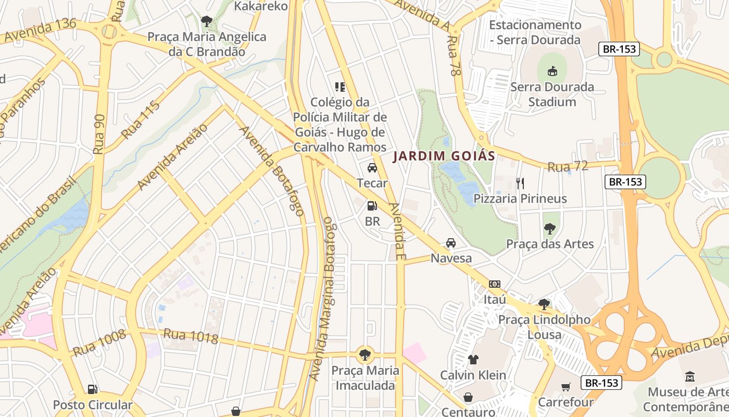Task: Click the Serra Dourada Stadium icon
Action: tap(552, 71)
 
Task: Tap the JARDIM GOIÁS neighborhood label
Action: tap(444, 156)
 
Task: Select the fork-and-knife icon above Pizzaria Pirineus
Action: tap(520, 183)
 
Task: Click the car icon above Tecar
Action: tap(372, 167)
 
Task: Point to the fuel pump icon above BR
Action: tap(372, 206)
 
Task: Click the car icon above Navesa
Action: tap(451, 243)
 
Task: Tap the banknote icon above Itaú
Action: tap(495, 284)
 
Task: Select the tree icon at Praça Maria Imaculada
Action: tap(366, 355)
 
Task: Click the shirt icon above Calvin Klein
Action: tap(473, 359)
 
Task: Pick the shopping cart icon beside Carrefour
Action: tap(566, 387)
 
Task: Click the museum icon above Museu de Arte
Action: tap(690, 376)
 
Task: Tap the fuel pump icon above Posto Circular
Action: tap(92, 389)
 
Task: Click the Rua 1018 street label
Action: tap(191, 336)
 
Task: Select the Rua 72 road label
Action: tap(568, 167)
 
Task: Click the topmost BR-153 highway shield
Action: tap(619, 50)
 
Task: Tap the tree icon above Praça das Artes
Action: tap(549, 228)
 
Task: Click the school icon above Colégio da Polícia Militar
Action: tap(340, 87)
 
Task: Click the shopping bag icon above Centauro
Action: tap(468, 397)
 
